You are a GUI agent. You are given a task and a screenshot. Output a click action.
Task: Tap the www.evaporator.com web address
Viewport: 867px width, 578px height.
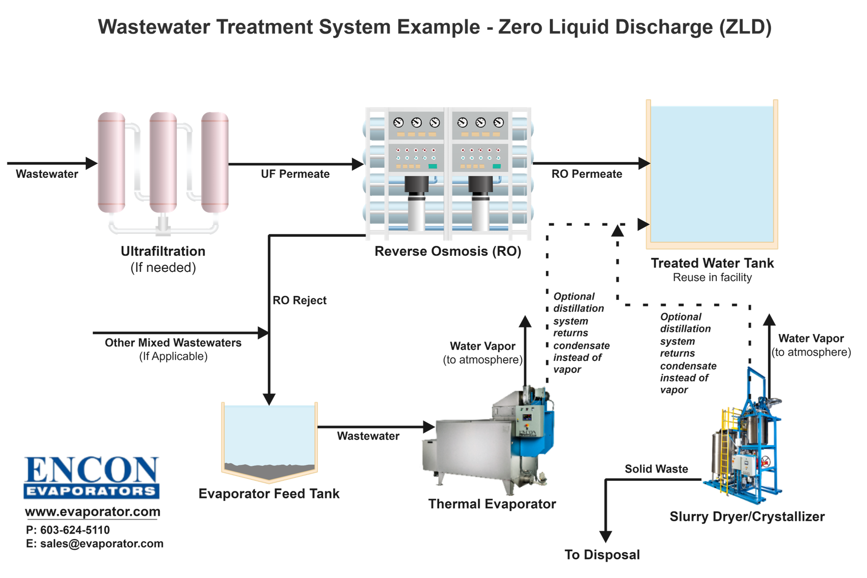pyautogui.click(x=92, y=511)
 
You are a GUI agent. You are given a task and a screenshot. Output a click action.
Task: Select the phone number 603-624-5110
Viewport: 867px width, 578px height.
pyautogui.click(x=74, y=530)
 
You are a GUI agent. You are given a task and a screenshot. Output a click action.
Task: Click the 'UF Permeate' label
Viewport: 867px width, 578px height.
pyautogui.click(x=295, y=174)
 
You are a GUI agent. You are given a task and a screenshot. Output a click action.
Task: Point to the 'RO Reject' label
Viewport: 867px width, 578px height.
pyautogui.click(x=299, y=300)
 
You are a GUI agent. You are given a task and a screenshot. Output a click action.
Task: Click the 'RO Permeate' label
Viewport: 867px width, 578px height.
pyautogui.click(x=586, y=174)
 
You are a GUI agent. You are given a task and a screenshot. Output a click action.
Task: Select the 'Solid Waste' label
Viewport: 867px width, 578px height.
pyautogui.click(x=656, y=469)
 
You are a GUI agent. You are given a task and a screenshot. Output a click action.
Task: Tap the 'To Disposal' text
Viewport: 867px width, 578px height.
pyautogui.click(x=602, y=555)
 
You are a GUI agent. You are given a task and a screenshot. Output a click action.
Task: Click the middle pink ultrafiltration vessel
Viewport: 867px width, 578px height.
pyautogui.click(x=163, y=162)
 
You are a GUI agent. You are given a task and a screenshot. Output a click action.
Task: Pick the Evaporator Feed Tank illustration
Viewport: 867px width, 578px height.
pyautogui.click(x=269, y=440)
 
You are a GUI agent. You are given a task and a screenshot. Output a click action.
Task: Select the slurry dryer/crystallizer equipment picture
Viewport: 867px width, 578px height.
pyautogui.click(x=744, y=442)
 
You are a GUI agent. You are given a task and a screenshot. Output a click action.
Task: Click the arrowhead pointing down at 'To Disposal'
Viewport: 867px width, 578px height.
pyautogui.click(x=605, y=537)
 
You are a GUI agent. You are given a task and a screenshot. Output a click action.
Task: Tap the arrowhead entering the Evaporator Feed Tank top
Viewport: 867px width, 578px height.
pyautogui.click(x=268, y=398)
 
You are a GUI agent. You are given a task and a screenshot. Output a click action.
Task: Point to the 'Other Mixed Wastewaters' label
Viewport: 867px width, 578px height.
pyautogui.click(x=173, y=342)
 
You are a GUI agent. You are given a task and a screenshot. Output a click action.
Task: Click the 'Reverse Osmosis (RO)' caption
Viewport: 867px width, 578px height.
pyautogui.click(x=448, y=251)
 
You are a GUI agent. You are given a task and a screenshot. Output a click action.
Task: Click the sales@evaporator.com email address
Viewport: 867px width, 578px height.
pyautogui.click(x=101, y=544)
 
